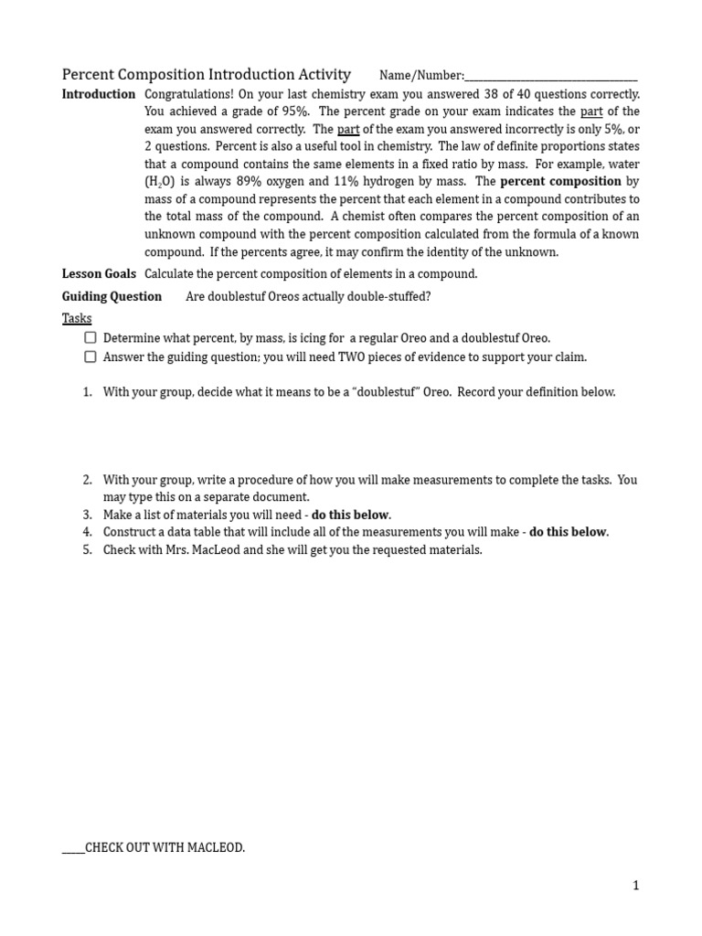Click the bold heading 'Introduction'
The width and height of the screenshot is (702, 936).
pos(98,94)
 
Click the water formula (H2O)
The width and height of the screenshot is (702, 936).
pos(160,182)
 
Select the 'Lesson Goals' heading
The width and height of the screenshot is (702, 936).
pos(99,273)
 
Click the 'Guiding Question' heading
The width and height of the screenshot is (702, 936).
pos(112,296)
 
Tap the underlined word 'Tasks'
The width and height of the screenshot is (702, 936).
pos(77,318)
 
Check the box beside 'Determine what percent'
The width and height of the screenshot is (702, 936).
pos(90,337)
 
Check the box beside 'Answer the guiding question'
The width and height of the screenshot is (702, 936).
pos(90,356)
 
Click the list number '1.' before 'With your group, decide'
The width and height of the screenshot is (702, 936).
pos(88,392)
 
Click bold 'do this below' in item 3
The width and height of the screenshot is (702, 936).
pos(351,515)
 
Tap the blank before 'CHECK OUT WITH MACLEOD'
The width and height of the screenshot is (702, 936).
pos(73,847)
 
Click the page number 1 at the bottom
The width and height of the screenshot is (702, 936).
pos(635,885)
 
